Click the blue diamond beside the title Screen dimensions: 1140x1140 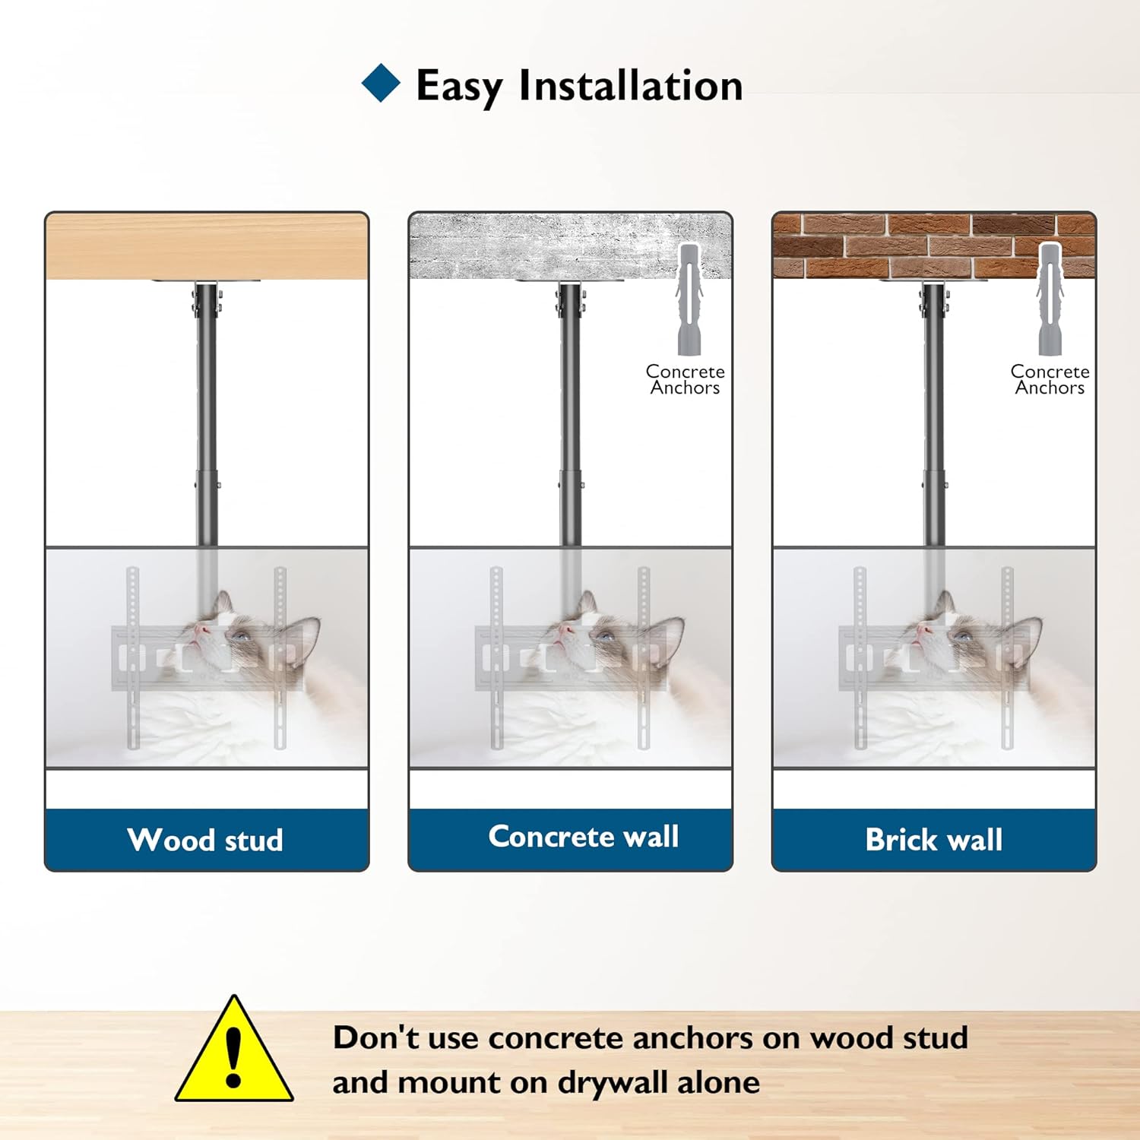pos(381,84)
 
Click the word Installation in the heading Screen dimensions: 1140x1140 pos(630,86)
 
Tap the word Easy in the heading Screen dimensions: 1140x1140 pos(459,86)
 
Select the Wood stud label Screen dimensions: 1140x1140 pos(206,840)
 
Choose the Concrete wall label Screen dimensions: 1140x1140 pos(584,837)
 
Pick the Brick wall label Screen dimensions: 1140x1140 pos(934,840)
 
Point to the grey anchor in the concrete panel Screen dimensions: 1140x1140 pos(689,299)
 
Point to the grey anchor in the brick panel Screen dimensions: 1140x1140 pos(1050,299)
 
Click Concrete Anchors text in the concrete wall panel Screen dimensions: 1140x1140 pos(685,379)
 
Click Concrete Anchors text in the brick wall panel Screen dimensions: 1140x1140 pos(1050,379)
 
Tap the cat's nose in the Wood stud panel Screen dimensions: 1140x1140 pos(200,630)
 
